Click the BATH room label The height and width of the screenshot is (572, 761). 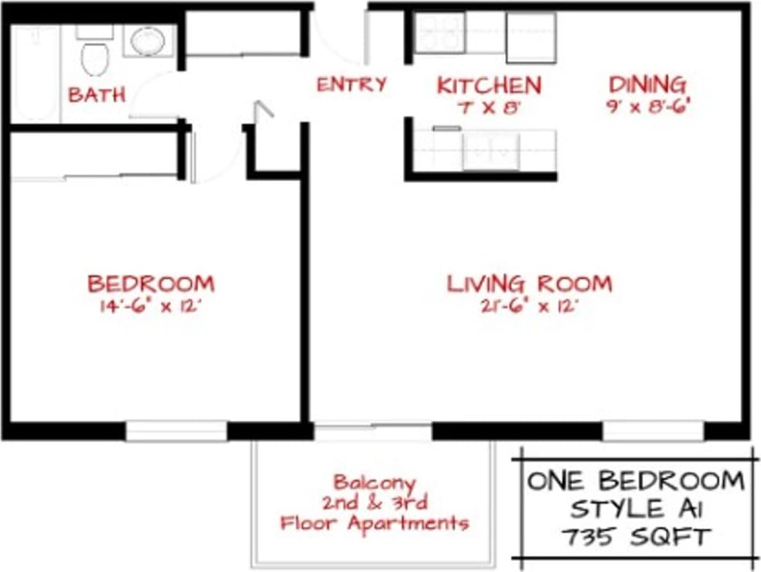point(97,95)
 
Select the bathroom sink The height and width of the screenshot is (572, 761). point(146,41)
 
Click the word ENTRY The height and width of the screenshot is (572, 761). point(351,84)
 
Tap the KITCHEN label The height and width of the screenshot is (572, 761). point(489,85)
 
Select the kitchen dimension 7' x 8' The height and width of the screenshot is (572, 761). point(488,108)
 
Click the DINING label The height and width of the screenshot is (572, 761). point(647,84)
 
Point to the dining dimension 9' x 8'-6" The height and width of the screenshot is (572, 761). point(647,106)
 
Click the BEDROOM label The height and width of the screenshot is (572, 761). point(151,283)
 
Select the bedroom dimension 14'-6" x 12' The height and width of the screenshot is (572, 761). point(151,306)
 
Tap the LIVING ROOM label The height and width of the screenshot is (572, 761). point(529,283)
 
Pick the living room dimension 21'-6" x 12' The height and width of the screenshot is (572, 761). point(529,306)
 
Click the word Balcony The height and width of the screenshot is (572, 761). point(374,482)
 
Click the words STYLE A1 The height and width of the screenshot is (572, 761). point(635,509)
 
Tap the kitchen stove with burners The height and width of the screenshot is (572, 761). point(439,33)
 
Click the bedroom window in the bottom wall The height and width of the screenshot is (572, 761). point(176,431)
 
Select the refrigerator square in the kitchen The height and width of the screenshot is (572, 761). point(531,36)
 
